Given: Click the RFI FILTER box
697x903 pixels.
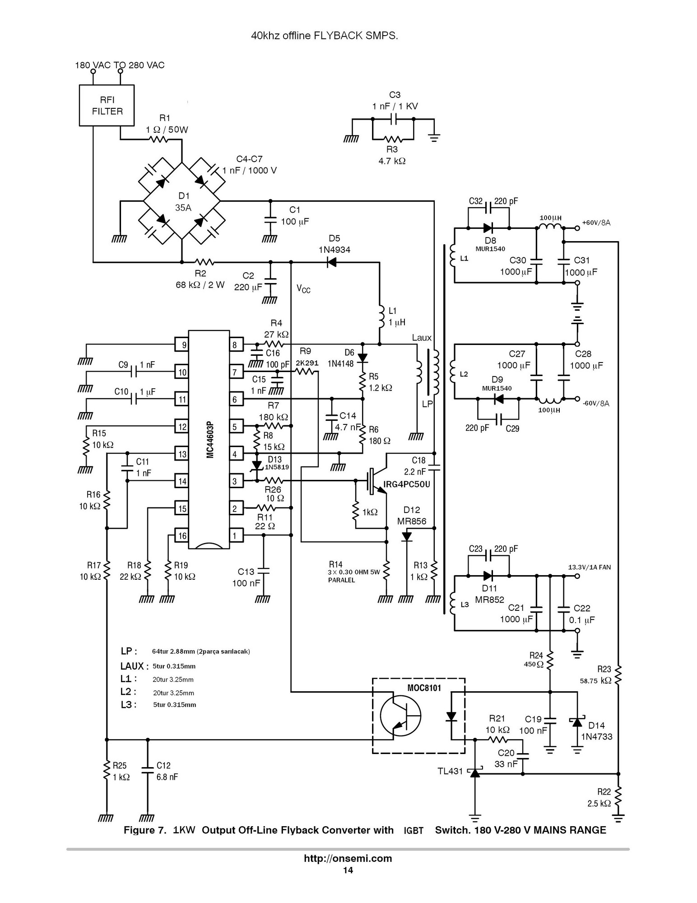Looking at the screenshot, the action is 107,105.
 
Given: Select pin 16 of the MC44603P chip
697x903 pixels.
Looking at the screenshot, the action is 181,536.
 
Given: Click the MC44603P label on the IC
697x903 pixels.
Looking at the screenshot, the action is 210,440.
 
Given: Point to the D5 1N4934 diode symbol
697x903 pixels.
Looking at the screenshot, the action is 331,262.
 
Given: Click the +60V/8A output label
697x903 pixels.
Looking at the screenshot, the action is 596,223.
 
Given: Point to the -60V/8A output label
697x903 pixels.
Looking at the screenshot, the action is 595,403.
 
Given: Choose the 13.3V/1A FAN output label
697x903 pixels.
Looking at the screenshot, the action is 589,567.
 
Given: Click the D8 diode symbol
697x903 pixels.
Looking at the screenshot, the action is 488,228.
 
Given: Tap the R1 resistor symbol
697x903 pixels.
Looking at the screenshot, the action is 158,140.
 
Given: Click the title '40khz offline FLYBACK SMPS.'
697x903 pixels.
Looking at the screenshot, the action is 325,36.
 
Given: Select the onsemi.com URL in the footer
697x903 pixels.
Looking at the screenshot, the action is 348,858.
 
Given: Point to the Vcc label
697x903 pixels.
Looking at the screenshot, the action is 303,289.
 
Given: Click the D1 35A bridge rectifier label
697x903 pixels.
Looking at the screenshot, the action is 184,202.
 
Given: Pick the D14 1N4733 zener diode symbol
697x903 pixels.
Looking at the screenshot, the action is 577,722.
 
